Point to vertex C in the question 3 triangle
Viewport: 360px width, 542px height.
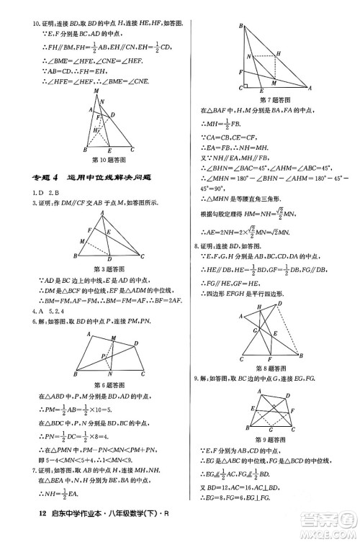click(143, 257)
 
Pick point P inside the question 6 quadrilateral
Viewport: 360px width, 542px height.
click(104, 356)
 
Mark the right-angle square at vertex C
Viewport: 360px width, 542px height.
click(247, 84)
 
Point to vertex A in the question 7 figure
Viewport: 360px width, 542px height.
click(310, 88)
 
